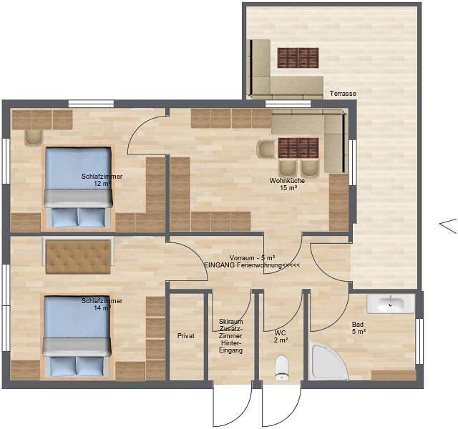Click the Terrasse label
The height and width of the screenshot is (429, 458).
point(343,94)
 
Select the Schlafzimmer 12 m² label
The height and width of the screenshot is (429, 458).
point(97,179)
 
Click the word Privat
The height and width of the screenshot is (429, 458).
point(186,335)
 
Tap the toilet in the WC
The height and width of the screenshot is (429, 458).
point(282,366)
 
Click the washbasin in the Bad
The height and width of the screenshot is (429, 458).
point(391,303)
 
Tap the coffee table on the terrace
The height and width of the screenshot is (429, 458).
point(298,57)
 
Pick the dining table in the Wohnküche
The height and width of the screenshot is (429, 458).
point(298,148)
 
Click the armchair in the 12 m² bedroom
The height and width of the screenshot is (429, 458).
point(33,137)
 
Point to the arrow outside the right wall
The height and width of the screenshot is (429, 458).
point(447,225)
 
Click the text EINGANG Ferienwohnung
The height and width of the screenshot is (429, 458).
point(251,265)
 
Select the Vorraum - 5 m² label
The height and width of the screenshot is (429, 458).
point(253,257)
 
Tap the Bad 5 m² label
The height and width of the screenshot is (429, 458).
point(359,327)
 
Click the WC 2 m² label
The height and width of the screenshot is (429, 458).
point(281,336)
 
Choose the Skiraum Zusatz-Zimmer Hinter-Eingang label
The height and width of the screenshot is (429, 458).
point(231,337)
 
